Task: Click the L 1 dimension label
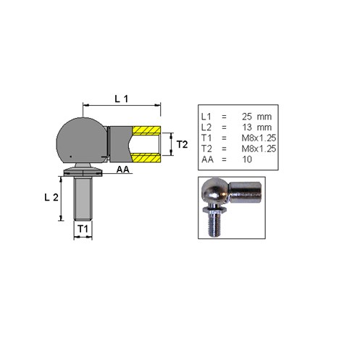(121, 99)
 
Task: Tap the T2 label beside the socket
(182, 144)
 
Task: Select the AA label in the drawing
(123, 169)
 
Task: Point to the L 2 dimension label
(51, 198)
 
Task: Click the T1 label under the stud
(83, 229)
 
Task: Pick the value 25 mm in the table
(256, 117)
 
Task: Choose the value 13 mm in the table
(256, 127)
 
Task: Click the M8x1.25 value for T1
(259, 138)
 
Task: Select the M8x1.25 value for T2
(259, 148)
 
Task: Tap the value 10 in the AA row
(247, 159)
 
